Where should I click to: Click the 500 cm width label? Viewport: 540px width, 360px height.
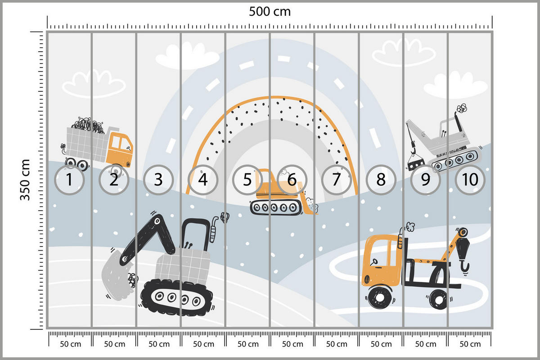(x=270, y=11)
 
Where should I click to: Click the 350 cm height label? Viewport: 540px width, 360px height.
(x=25, y=180)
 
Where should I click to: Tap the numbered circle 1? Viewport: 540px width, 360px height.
(x=69, y=180)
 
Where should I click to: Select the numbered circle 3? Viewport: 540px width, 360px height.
(x=158, y=180)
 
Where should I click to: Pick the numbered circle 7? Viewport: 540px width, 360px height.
(x=336, y=180)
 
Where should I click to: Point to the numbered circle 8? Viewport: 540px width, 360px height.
(x=381, y=180)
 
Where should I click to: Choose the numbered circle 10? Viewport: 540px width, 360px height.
(x=470, y=180)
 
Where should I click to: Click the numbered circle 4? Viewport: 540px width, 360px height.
(x=203, y=180)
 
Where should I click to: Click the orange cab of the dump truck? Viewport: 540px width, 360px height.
(x=119, y=148)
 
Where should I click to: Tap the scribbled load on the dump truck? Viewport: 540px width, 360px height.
(x=88, y=126)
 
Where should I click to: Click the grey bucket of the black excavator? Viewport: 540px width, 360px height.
(x=117, y=275)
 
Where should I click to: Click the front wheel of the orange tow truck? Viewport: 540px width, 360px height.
(x=380, y=297)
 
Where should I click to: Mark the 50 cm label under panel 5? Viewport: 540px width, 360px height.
(x=248, y=344)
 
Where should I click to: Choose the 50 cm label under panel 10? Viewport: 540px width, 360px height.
(x=470, y=344)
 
